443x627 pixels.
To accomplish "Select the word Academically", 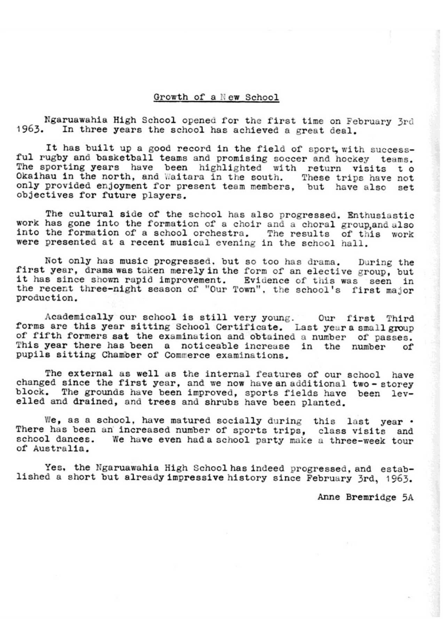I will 79,317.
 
